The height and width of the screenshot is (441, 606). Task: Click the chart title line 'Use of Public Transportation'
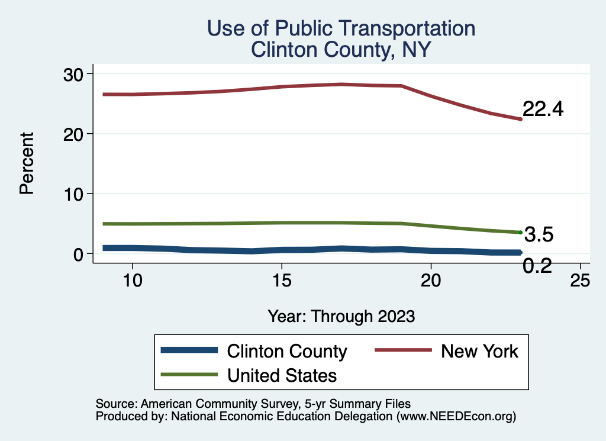click(x=340, y=28)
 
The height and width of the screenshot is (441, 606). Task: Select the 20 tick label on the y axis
click(x=75, y=134)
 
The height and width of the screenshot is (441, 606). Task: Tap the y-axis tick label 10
click(x=75, y=194)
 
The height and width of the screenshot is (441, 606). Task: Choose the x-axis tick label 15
click(x=282, y=280)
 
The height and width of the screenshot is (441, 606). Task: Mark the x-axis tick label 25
click(x=580, y=280)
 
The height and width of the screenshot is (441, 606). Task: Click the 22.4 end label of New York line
click(x=543, y=110)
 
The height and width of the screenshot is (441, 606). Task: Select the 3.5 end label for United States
click(x=539, y=235)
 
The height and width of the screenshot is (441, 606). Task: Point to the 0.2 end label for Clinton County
click(x=537, y=266)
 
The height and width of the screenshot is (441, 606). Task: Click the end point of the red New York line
click(x=520, y=119)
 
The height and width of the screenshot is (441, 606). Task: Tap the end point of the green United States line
click(x=520, y=232)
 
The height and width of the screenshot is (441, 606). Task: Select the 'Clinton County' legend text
click(x=287, y=351)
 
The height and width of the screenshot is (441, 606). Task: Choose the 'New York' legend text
click(x=479, y=351)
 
